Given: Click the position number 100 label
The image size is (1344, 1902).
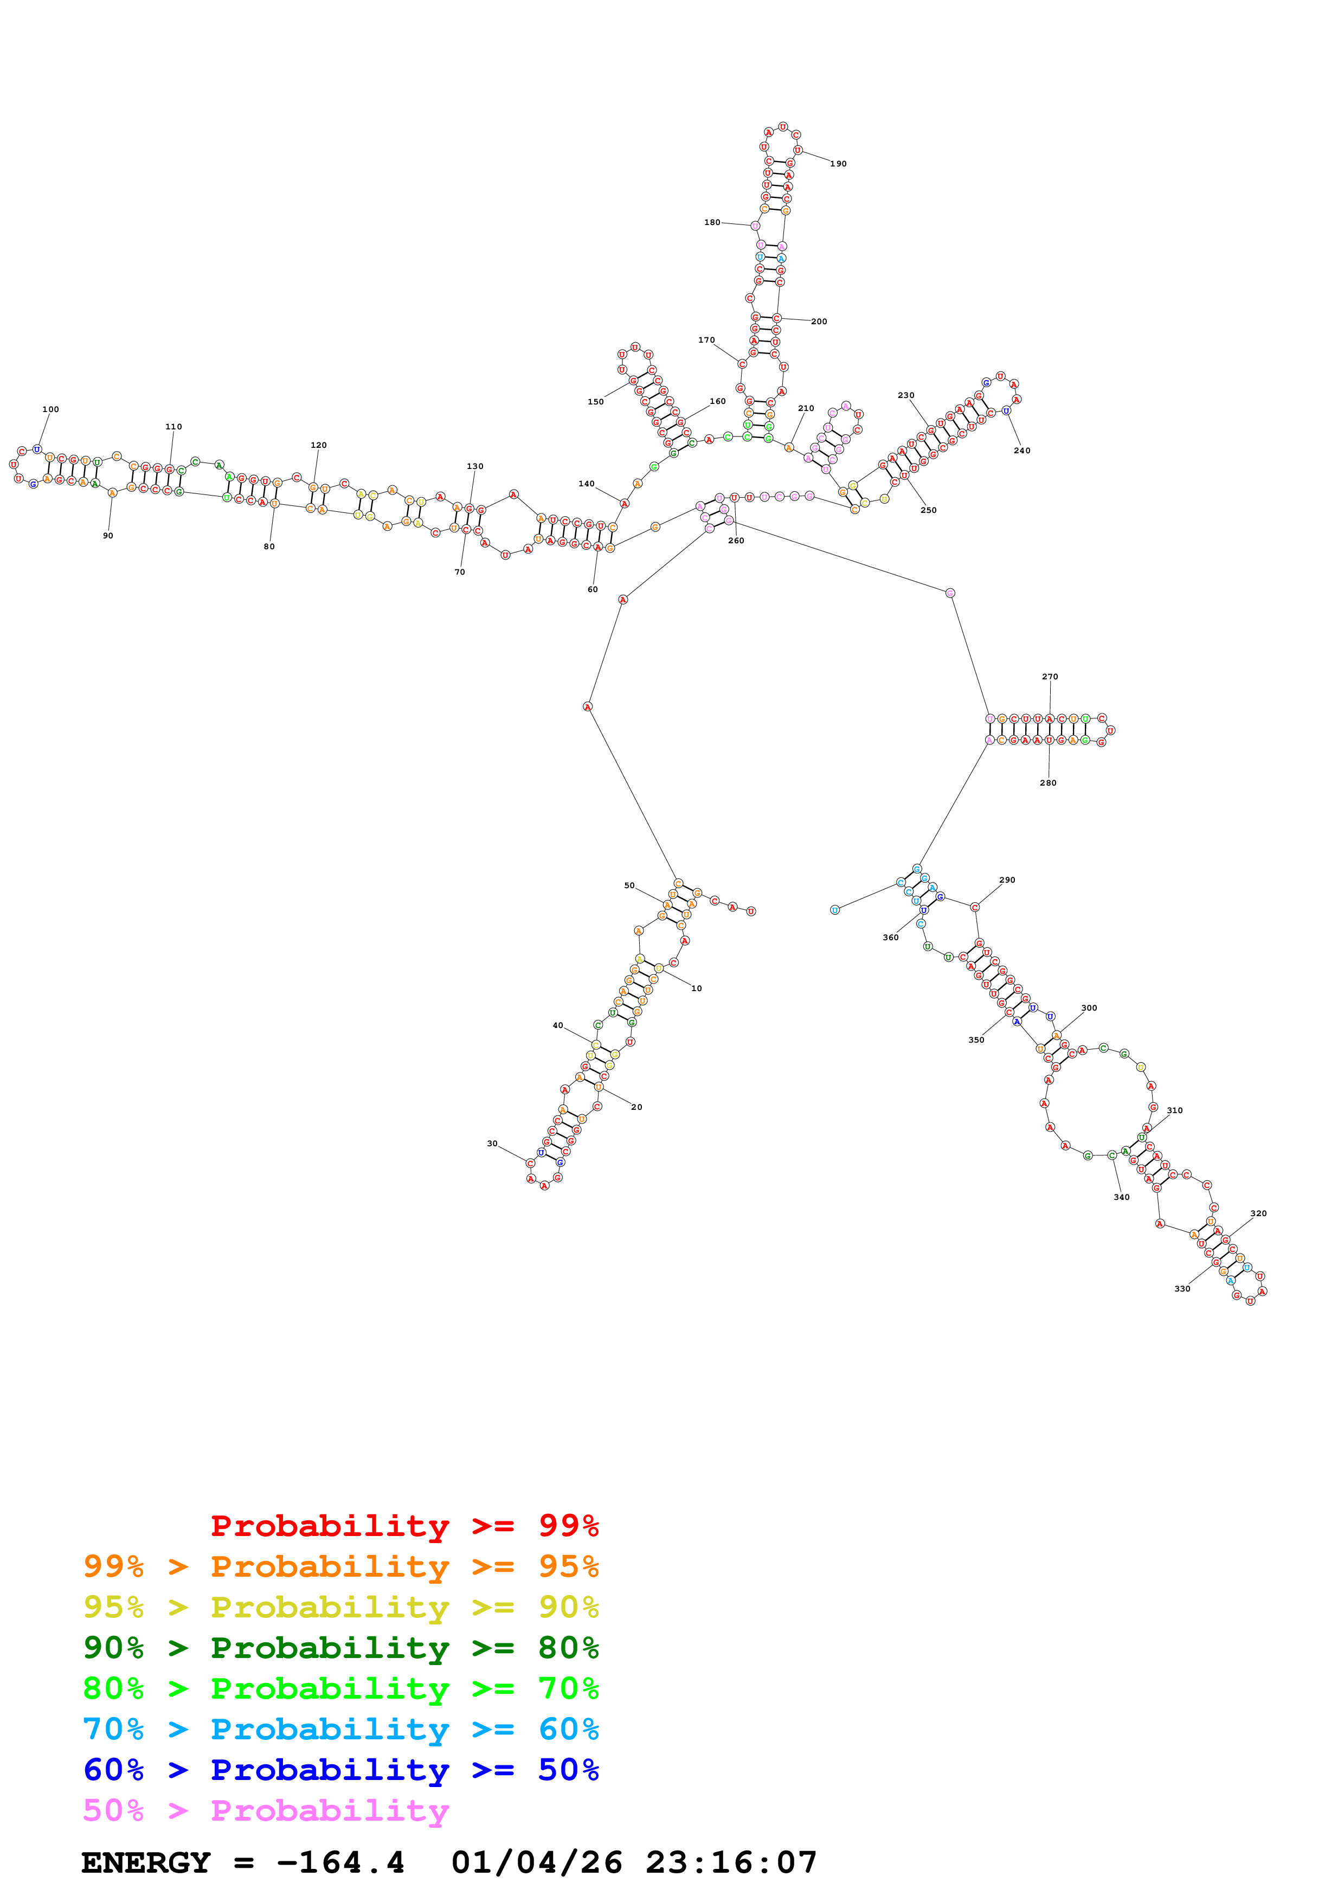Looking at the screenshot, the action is (x=50, y=409).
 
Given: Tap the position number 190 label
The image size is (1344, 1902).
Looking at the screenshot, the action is (x=838, y=164).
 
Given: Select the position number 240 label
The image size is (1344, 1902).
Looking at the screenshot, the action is (x=1022, y=451).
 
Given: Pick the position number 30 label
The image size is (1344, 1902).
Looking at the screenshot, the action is (x=492, y=1144).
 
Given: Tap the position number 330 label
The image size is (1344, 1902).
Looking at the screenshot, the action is (x=1182, y=1289).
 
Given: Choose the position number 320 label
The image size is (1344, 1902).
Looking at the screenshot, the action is (x=1258, y=1213).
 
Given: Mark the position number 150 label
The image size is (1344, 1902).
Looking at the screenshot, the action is (x=595, y=402).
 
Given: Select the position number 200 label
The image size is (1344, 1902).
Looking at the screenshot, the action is (x=818, y=322).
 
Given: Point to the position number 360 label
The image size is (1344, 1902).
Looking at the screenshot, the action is (x=890, y=938).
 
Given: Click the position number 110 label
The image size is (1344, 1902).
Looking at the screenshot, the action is (x=173, y=427).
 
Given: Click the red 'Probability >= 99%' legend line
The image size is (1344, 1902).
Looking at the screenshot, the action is (x=404, y=1526).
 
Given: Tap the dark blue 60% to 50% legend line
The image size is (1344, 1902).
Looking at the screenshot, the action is (x=340, y=1770).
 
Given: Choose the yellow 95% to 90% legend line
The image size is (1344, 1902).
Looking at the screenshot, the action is (x=340, y=1607).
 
